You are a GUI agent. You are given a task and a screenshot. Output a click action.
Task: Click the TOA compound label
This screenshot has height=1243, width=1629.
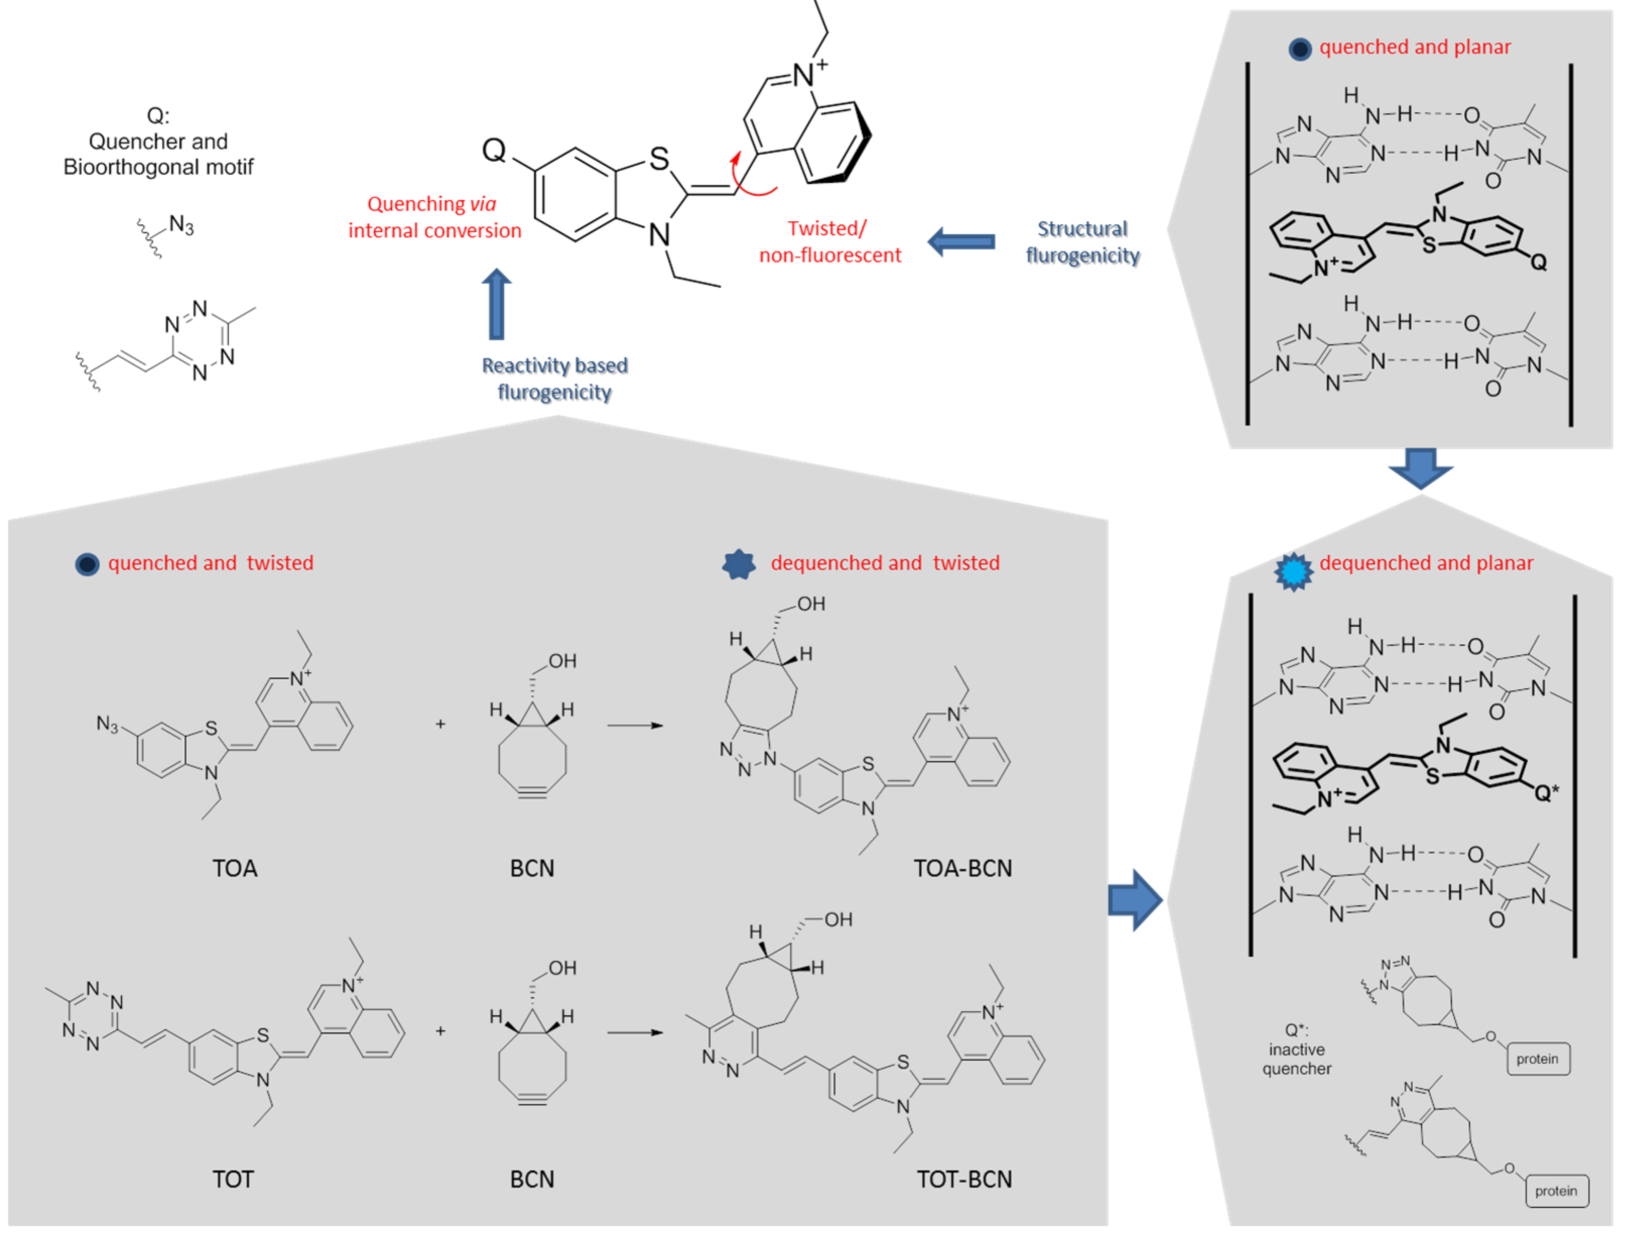235,868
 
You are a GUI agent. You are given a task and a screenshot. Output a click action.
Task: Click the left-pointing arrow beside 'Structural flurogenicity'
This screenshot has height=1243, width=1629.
961,242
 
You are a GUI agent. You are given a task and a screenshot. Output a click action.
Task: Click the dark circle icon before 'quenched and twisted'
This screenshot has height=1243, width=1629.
87,564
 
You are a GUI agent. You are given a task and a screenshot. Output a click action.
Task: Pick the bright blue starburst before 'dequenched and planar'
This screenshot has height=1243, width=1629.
1293,572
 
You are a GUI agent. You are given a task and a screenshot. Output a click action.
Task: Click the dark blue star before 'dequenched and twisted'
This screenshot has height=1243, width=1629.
739,564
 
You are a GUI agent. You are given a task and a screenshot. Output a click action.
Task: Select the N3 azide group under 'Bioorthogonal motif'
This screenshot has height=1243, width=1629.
180,225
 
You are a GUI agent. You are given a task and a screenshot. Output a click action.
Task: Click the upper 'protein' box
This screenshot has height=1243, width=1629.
1537,1059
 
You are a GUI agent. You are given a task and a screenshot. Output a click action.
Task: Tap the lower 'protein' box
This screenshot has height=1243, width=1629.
1556,1191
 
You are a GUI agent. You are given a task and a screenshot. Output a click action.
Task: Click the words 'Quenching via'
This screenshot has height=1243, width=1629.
431,204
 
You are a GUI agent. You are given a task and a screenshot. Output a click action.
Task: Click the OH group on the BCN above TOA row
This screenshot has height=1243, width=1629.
562,661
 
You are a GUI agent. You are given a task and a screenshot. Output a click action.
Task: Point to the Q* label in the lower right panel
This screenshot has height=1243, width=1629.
1545,793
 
